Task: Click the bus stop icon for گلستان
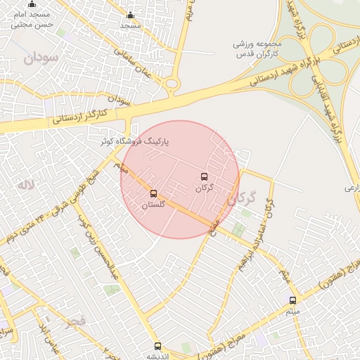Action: [154, 193]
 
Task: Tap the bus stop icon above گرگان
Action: [204, 176]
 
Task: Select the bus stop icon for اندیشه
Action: [157, 346]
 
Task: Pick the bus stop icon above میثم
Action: [292, 300]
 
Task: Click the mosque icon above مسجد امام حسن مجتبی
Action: [31, 5]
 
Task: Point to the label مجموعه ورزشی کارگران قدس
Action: [257, 49]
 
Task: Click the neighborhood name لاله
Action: [25, 186]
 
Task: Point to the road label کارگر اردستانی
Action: [79, 117]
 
